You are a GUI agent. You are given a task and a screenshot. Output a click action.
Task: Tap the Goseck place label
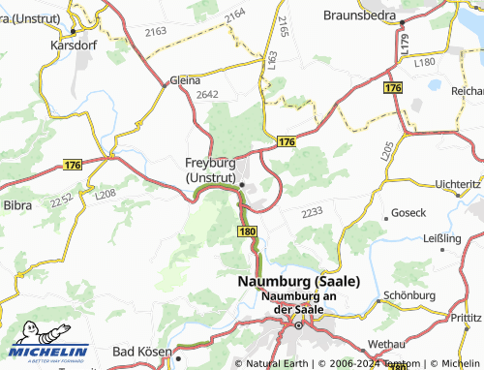[404, 212]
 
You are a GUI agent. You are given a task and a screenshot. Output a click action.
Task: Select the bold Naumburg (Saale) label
[298, 280]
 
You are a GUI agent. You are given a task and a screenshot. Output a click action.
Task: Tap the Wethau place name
[386, 344]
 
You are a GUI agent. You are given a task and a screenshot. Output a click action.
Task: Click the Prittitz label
[465, 316]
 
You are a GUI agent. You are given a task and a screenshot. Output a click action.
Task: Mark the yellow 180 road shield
[247, 232]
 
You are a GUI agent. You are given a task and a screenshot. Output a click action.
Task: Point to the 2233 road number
[312, 212]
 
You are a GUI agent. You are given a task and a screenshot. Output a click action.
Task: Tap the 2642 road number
[208, 95]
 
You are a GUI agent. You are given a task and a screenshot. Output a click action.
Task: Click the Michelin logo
[45, 352]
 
